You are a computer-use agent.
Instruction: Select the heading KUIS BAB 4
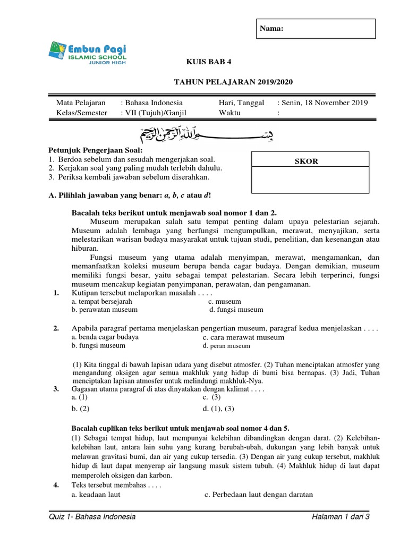coord(208,62)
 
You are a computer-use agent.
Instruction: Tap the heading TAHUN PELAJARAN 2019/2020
coord(233,82)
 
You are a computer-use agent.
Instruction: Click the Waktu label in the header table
coord(229,113)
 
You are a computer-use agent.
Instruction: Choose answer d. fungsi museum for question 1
coord(236,310)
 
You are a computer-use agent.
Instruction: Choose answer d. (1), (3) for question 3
coord(218,409)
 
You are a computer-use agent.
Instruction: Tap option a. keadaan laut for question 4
coord(96,494)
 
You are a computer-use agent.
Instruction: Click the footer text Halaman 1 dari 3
coord(341,517)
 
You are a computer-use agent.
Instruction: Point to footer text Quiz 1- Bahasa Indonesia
coord(91,517)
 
